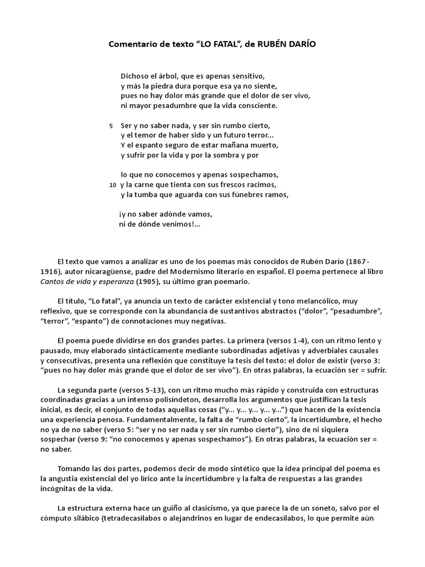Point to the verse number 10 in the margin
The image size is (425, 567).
click(113, 185)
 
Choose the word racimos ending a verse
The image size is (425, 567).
click(260, 184)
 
